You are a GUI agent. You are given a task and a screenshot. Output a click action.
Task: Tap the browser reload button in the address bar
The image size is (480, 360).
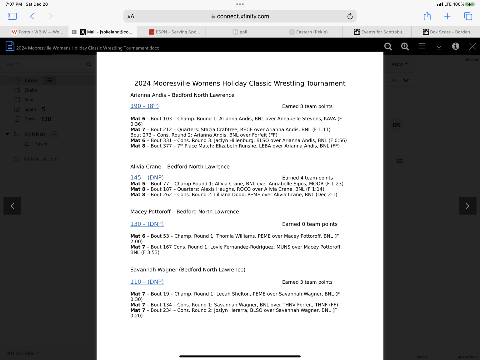tap(350, 16)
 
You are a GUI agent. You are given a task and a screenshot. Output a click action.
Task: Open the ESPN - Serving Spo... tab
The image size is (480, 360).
tap(174, 32)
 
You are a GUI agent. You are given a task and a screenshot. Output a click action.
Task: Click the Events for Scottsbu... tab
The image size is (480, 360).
tap(380, 32)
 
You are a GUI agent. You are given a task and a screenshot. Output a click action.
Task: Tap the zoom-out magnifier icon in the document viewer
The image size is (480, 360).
tap(388, 47)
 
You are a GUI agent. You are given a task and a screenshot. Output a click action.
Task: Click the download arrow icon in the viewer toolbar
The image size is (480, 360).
tap(439, 46)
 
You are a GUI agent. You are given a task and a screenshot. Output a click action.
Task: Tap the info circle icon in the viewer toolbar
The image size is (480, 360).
tap(456, 46)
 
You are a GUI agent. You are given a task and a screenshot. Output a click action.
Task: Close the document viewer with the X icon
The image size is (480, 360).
tap(472, 47)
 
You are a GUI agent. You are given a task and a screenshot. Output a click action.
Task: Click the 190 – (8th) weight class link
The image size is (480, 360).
tap(144, 106)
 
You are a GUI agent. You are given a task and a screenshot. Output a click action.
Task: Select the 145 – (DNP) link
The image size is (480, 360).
tap(147, 178)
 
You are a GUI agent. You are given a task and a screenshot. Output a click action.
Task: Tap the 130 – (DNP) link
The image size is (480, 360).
tap(147, 224)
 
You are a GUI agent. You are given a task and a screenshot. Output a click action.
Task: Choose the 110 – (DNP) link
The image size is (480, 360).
tap(147, 282)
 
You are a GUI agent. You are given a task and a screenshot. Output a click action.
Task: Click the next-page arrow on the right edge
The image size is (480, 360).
tap(467, 206)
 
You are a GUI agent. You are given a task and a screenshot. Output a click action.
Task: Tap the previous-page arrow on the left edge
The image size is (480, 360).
tap(12, 206)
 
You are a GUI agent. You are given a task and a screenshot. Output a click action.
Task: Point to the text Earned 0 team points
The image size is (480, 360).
tap(310, 224)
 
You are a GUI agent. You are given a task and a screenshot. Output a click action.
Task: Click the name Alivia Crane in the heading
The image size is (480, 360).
tap(146, 167)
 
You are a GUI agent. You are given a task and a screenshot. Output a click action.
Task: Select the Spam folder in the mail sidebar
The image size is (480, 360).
tap(30, 109)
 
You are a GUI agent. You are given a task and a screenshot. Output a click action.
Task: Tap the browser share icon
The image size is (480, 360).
tap(427, 16)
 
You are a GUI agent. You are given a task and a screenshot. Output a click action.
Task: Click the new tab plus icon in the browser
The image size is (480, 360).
tap(447, 16)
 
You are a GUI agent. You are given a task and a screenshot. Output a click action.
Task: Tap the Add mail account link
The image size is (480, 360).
tap(41, 159)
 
